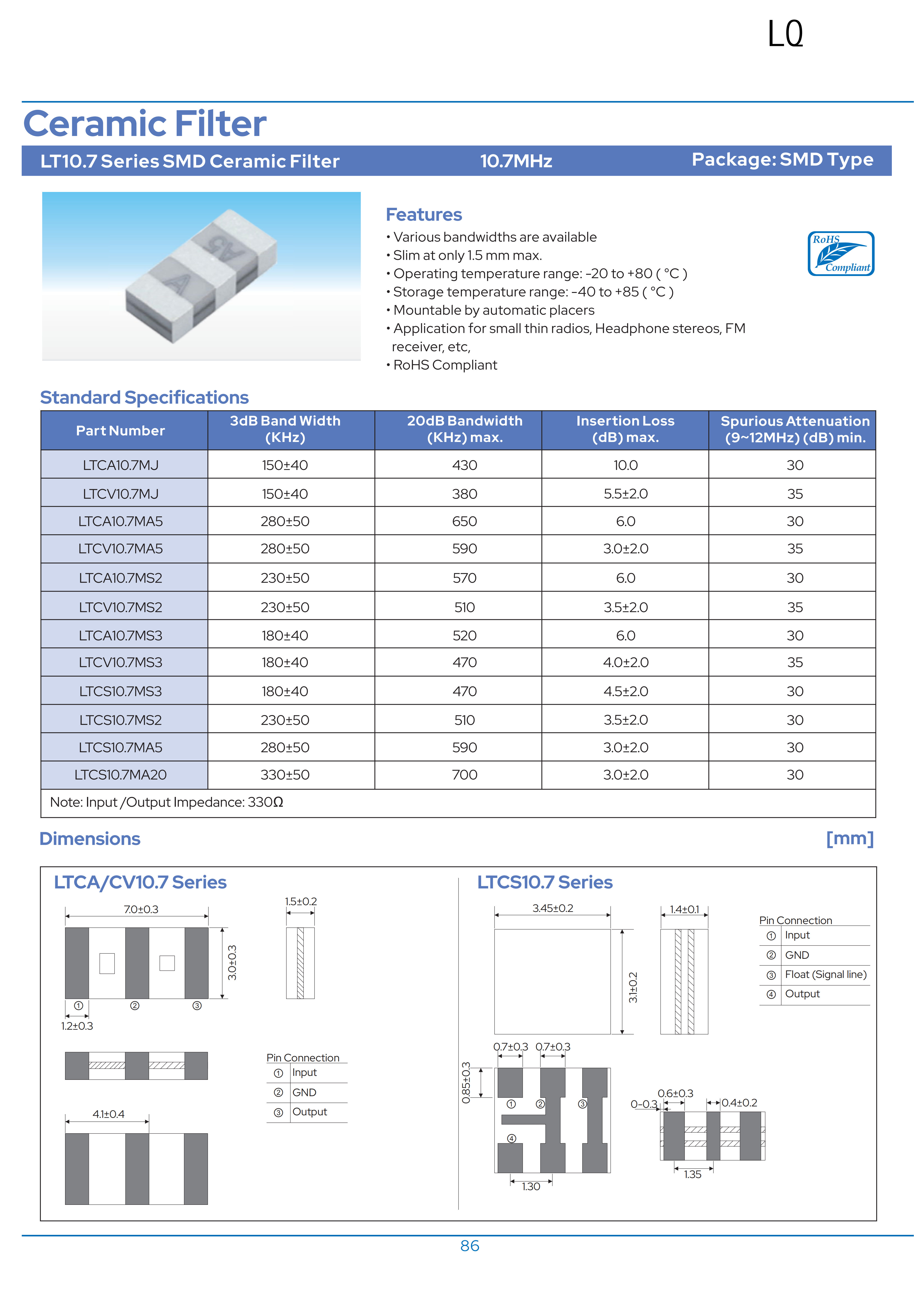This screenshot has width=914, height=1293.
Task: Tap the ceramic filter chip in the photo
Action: click(x=201, y=276)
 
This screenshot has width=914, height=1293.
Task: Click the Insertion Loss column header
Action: click(x=625, y=429)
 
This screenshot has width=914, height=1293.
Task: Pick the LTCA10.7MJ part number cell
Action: click(x=121, y=465)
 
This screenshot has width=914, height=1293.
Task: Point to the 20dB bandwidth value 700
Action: click(x=465, y=775)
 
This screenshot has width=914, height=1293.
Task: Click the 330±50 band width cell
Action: click(x=285, y=775)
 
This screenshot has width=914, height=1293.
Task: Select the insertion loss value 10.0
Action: click(x=625, y=465)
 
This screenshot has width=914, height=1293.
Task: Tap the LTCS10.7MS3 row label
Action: click(x=121, y=692)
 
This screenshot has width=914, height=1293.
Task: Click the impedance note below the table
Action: click(x=167, y=803)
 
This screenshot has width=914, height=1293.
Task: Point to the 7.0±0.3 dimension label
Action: click(x=141, y=910)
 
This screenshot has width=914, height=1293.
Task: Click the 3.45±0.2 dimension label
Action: click(x=553, y=908)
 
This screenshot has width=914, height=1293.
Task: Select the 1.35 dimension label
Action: click(x=693, y=1174)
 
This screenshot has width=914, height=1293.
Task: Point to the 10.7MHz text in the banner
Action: click(x=516, y=161)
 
